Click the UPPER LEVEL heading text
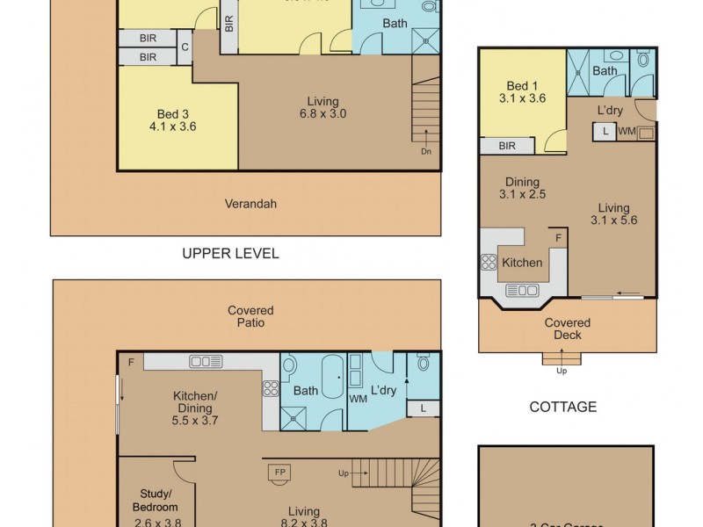pos(230,254)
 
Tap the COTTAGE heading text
pos(563,407)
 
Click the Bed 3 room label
pos(173,119)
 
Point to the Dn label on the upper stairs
pos(426,151)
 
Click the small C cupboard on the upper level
pos(185,47)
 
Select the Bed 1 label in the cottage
pos(522,92)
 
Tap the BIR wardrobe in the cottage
pos(507,146)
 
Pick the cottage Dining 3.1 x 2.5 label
pos(523,187)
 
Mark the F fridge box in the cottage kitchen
pos(557,237)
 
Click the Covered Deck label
pos(567,328)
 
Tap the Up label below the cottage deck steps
pos(561,371)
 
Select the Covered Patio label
pos(250,316)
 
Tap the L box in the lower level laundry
pos(424,408)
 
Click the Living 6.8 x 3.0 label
pos(323,107)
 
